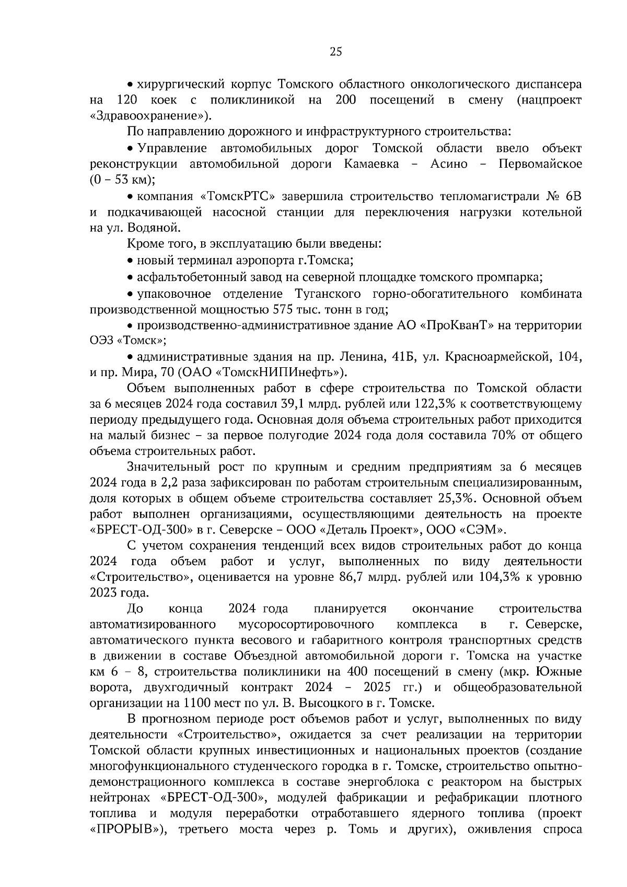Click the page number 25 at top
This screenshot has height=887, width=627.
(335, 51)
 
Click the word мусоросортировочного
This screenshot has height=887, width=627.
(306, 624)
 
